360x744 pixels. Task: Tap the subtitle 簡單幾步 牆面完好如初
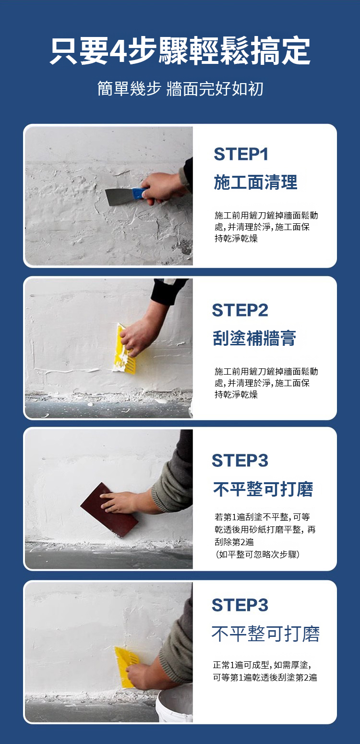(180, 89)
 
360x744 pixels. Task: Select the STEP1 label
(241, 154)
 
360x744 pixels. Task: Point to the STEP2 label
(240, 310)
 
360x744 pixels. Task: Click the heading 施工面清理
(255, 183)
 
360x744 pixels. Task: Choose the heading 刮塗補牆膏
(254, 338)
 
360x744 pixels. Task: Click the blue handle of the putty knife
(139, 194)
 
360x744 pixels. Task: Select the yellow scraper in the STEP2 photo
(125, 351)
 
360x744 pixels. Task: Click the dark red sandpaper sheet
(109, 510)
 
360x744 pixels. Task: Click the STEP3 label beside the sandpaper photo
(240, 461)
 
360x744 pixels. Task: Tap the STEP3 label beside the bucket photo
(240, 605)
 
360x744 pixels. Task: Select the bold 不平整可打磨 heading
(263, 489)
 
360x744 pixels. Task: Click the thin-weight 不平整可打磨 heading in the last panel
(265, 634)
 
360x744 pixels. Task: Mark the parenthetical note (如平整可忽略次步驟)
(257, 555)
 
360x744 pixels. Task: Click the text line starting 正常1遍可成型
(262, 665)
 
